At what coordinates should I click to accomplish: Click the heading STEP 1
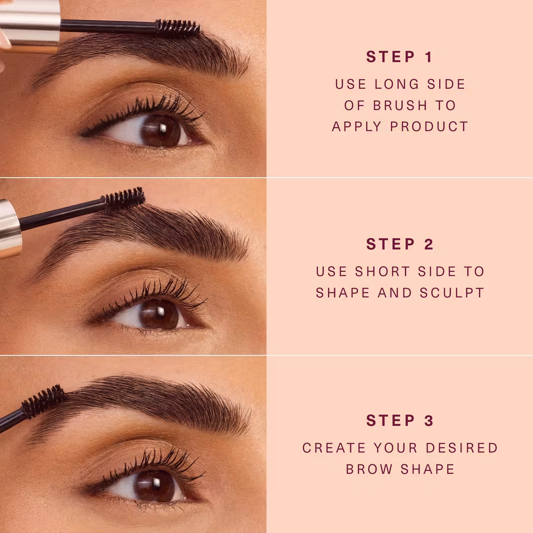click(x=399, y=57)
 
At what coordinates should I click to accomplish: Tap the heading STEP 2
click(x=400, y=244)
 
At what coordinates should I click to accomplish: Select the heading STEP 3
click(x=400, y=420)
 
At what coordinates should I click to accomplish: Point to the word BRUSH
click(x=400, y=106)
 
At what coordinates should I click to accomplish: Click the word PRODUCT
click(x=429, y=126)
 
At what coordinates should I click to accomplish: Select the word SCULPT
click(x=452, y=293)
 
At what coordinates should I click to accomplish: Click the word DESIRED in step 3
click(x=462, y=448)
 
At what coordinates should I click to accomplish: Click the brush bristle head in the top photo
click(x=178, y=28)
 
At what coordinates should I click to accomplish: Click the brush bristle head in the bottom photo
click(x=43, y=402)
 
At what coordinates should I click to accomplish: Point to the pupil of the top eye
click(x=160, y=130)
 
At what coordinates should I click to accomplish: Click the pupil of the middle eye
click(x=159, y=314)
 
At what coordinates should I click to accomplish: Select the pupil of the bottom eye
click(x=154, y=486)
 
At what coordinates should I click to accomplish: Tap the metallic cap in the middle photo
click(x=10, y=228)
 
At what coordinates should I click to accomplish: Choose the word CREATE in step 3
click(x=334, y=448)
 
